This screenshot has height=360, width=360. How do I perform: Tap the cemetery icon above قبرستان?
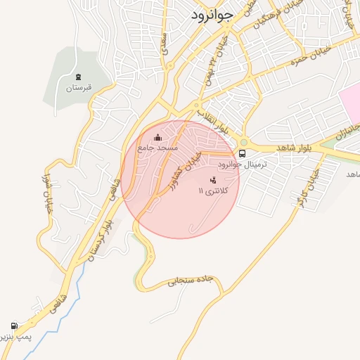[77, 77]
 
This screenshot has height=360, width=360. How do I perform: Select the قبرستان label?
[79, 89]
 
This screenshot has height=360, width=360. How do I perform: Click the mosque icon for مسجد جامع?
[157, 137]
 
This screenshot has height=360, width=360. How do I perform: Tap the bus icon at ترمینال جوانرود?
[243, 153]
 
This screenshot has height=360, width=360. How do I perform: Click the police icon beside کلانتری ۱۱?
[213, 180]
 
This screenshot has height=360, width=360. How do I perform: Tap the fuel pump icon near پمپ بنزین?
[14, 326]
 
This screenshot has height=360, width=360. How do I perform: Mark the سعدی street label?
[166, 42]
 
